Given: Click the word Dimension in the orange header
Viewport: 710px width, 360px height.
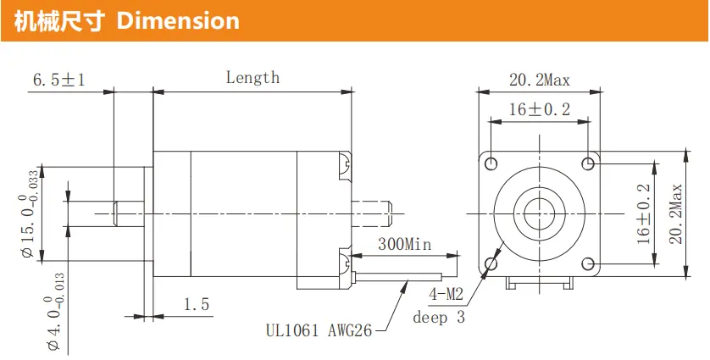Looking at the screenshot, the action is (178, 21).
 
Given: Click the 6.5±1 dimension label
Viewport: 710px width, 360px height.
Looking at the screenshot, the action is (58, 80).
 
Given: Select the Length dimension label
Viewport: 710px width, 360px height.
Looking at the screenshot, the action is (252, 77).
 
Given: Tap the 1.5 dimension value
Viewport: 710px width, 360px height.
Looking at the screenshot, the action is (197, 304).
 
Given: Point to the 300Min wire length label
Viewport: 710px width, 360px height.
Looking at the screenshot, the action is (405, 245).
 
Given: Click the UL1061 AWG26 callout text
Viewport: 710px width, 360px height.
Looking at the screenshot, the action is (319, 331).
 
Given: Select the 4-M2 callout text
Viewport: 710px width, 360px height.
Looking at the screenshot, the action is (447, 296).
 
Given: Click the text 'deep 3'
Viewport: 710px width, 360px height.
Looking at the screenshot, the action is (439, 317).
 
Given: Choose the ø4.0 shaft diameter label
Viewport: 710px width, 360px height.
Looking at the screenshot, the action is (55, 313).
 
